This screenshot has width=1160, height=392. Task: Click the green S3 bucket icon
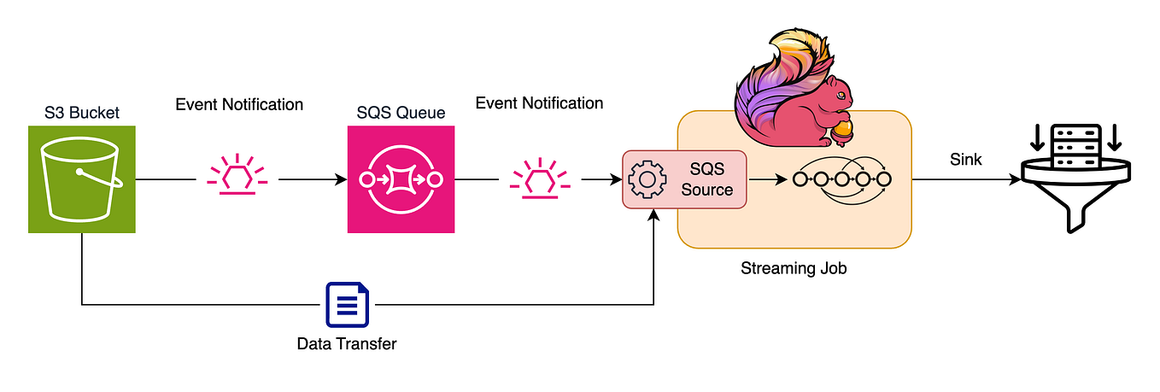click(82, 179)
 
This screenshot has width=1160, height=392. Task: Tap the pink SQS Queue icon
click(401, 179)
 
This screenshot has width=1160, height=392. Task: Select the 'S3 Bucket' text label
click(82, 112)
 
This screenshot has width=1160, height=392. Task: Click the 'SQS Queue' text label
click(401, 113)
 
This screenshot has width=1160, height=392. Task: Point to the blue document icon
click(347, 305)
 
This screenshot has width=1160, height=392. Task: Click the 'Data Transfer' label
click(347, 344)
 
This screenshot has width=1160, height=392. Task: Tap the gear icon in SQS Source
click(647, 179)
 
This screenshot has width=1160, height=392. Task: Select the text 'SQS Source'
click(706, 179)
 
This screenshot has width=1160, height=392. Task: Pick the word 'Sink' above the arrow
click(965, 160)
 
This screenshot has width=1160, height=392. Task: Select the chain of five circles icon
click(841, 180)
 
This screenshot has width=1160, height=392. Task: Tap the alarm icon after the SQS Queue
click(539, 177)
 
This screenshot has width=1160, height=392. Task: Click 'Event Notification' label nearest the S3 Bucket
click(239, 104)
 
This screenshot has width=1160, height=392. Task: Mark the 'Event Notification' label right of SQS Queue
click(539, 103)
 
